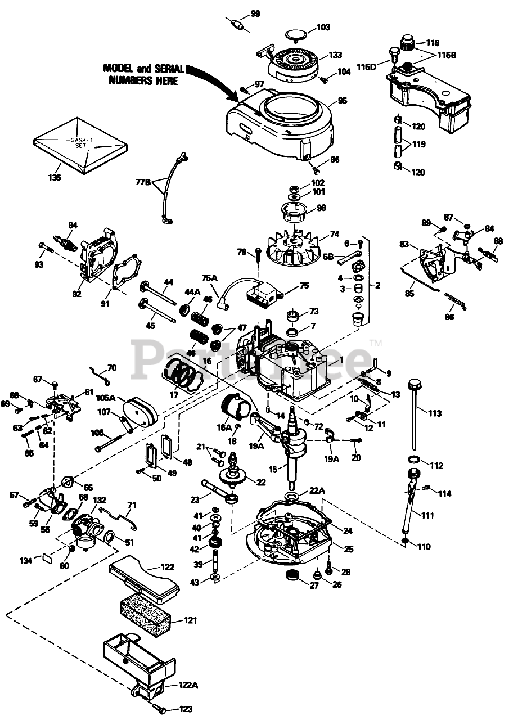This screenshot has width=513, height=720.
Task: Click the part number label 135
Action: pos(55,178)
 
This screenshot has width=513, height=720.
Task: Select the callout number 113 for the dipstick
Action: pos(434,413)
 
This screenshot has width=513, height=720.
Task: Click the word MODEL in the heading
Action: pos(119,68)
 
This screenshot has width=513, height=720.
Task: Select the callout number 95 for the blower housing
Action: pos(342,101)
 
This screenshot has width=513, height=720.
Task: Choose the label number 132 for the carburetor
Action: pos(100,500)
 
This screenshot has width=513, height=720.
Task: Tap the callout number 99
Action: pos(255,13)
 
